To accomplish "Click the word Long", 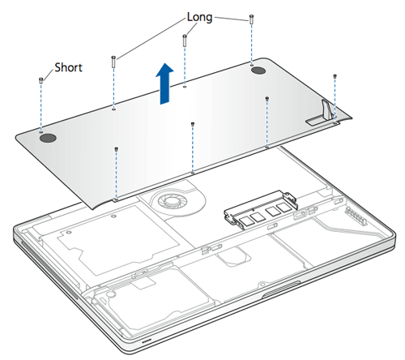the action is pos(200,17).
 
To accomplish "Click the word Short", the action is pos(68,67).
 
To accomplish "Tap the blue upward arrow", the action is pos(164,84).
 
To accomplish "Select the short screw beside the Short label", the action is pos(41,80).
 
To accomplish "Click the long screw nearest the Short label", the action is pos(113,62).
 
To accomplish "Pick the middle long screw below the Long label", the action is pos(185,41).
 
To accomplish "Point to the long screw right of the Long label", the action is pos(251,19).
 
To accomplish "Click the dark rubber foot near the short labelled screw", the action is pos(48,138).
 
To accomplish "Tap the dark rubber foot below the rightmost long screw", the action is pos(258,71).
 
